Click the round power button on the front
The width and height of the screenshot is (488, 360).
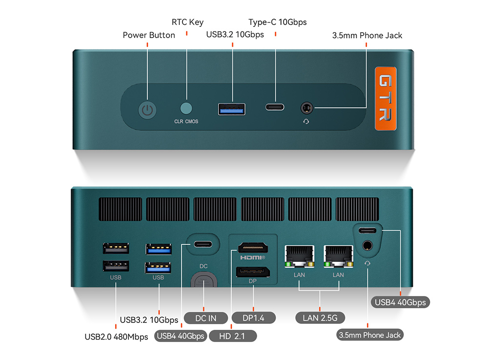coord(148,110)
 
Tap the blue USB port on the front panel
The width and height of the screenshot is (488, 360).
coord(231,108)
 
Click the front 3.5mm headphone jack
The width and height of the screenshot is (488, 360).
coord(306,107)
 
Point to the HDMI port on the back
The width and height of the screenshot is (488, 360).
coord(252,248)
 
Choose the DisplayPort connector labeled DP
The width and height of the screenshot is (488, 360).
coord(252,272)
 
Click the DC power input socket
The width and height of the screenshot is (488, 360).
coord(203,282)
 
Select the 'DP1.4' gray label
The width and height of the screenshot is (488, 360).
coord(254,318)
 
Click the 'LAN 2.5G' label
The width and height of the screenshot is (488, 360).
coord(320,318)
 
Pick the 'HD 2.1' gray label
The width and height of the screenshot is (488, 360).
coord(233,336)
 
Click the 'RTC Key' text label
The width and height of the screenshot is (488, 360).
coord(187,22)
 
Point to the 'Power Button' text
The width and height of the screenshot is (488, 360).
coord(148,35)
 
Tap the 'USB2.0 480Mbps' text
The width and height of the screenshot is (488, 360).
coord(116,337)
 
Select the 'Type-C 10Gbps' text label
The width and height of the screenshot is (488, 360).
coord(277,22)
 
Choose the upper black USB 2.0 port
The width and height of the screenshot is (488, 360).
coord(116,248)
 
